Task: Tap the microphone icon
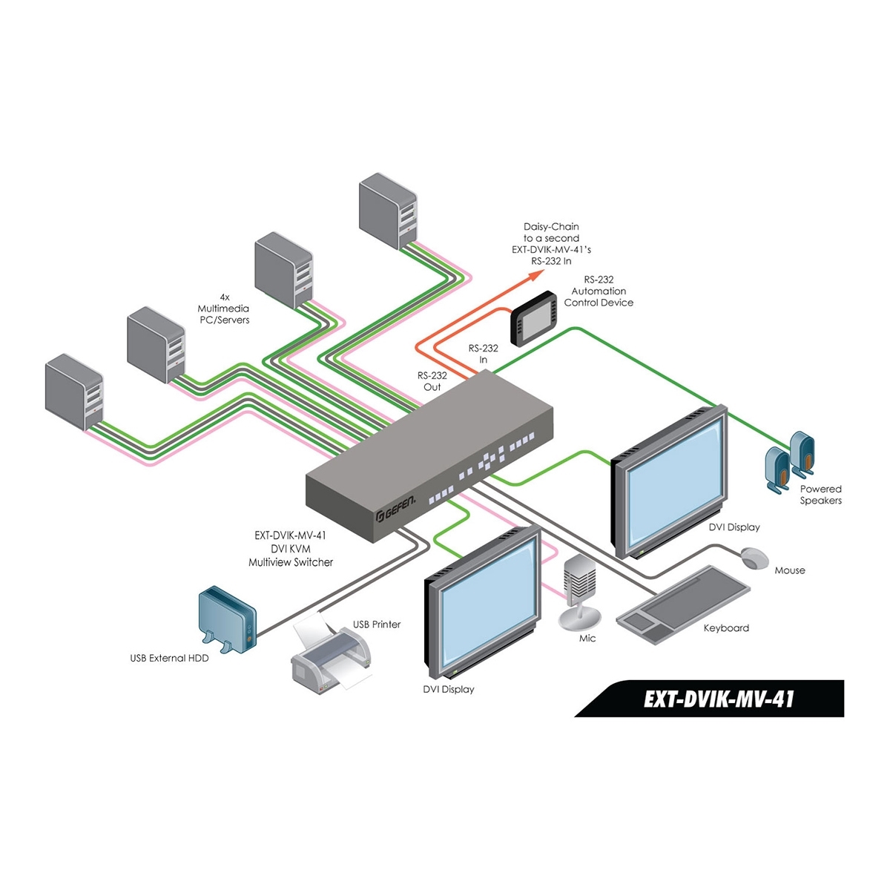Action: (580, 590)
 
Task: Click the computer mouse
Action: (755, 558)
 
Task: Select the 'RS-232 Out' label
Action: (432, 381)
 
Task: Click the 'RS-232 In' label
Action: (483, 354)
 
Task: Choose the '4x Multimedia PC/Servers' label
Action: (223, 308)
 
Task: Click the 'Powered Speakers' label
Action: (820, 495)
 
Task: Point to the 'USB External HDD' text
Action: (169, 658)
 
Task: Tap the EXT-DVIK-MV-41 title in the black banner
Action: (719, 699)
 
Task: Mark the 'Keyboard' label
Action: (726, 628)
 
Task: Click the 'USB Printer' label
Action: (377, 624)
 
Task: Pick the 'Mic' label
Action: (587, 638)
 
